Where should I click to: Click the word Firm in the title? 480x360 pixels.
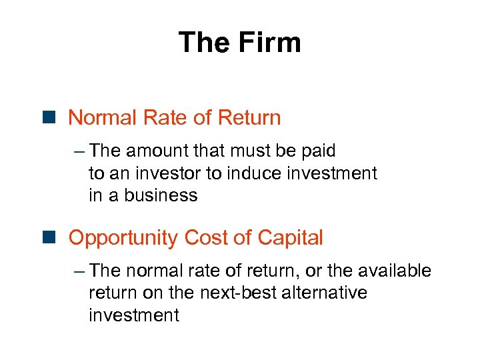[270, 43]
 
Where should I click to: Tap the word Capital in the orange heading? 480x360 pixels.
[290, 237]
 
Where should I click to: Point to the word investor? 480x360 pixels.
[170, 173]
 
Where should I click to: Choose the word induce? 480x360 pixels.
[248, 173]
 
